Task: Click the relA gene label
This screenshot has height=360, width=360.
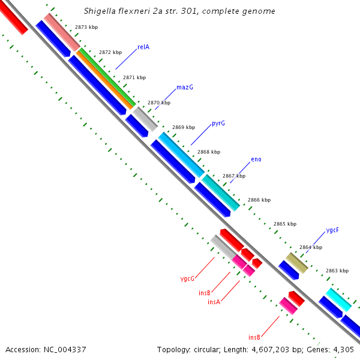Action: [143, 47]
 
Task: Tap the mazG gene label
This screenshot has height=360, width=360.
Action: [184, 87]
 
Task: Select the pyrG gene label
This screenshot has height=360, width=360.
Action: [218, 124]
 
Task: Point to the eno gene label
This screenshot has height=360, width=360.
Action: [256, 160]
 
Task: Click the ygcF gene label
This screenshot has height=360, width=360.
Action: [332, 230]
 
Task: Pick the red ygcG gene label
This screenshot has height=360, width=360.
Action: [187, 278]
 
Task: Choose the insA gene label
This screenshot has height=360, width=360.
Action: [214, 302]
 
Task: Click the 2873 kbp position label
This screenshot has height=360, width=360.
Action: [86, 28]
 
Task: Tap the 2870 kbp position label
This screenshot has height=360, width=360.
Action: [159, 103]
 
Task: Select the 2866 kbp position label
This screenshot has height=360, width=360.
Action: [259, 200]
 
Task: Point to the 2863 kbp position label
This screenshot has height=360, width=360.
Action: [337, 271]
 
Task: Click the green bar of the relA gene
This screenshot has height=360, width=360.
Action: [106, 78]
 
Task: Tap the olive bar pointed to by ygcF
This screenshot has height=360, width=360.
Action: [296, 263]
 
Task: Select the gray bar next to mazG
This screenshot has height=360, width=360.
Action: [145, 119]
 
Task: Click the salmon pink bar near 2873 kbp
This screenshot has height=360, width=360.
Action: [62, 32]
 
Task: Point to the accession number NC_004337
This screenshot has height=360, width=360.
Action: [65, 349]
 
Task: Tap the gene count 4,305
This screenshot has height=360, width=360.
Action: [342, 349]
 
